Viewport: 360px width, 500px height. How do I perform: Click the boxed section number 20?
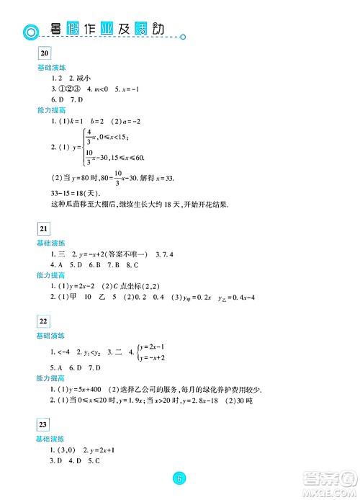[44, 53]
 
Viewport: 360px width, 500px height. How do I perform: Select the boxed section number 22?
[44, 322]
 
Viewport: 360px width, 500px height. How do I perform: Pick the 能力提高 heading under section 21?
[51, 275]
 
